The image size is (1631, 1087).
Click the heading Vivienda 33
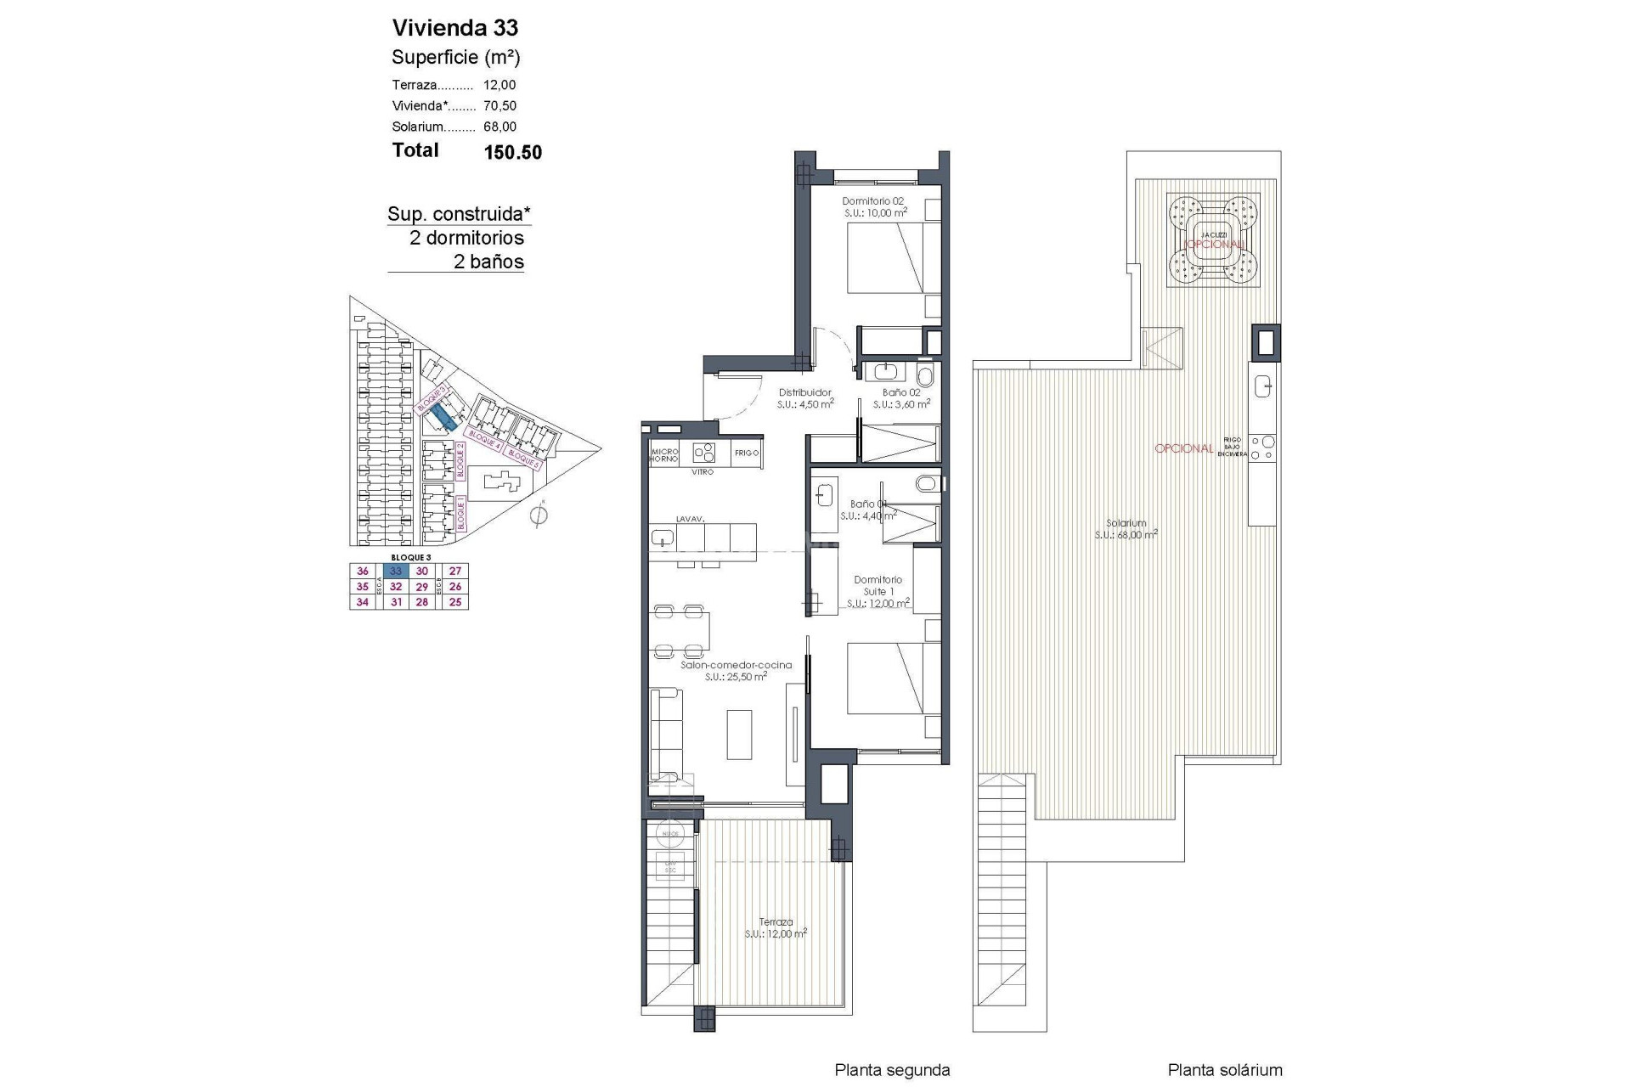[x=454, y=28]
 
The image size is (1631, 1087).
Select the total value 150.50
[x=512, y=153]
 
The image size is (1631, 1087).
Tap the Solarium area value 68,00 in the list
[x=499, y=127]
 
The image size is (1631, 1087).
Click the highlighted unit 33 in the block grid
[x=396, y=572]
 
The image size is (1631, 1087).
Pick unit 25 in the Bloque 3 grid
[x=455, y=602]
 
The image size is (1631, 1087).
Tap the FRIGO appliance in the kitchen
[x=746, y=453]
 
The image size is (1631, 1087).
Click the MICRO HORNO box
[x=663, y=454]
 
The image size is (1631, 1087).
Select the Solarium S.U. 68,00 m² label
[x=1126, y=529]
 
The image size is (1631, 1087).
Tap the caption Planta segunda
[x=892, y=1071]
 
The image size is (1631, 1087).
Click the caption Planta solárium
[x=1224, y=1071]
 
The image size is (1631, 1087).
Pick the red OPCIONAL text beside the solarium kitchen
[x=1183, y=448]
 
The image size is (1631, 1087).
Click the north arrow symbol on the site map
[x=538, y=515]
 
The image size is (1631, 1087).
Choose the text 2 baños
[x=488, y=262]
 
